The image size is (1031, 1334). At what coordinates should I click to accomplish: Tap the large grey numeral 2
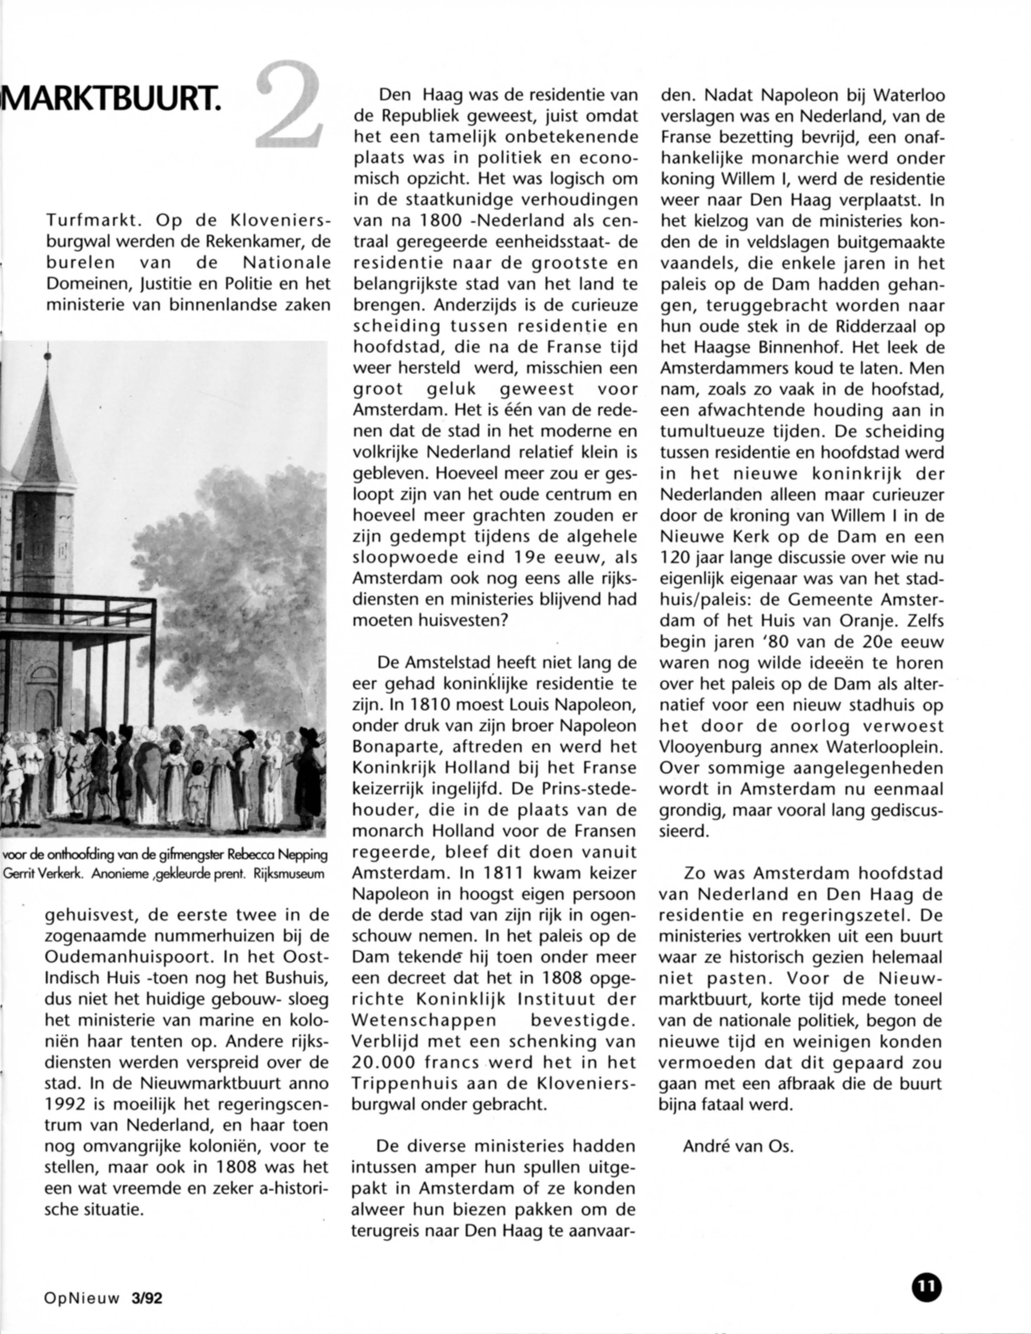coord(288,105)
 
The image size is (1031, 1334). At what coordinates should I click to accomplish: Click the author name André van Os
coord(738,1146)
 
